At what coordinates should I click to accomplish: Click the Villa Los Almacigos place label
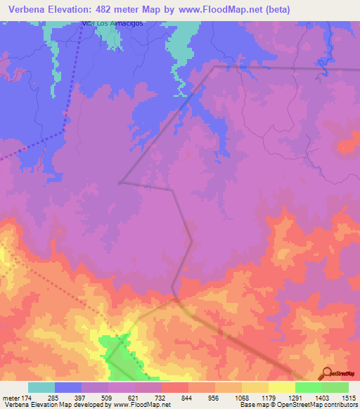[112, 23]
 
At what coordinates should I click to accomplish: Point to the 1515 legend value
[347, 398]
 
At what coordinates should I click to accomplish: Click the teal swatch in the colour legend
[41, 387]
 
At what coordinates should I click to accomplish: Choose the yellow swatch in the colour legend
[281, 387]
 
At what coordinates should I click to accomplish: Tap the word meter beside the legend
[10, 398]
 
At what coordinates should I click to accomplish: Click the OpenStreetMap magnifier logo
[326, 374]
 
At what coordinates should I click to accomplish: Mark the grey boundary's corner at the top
[214, 67]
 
